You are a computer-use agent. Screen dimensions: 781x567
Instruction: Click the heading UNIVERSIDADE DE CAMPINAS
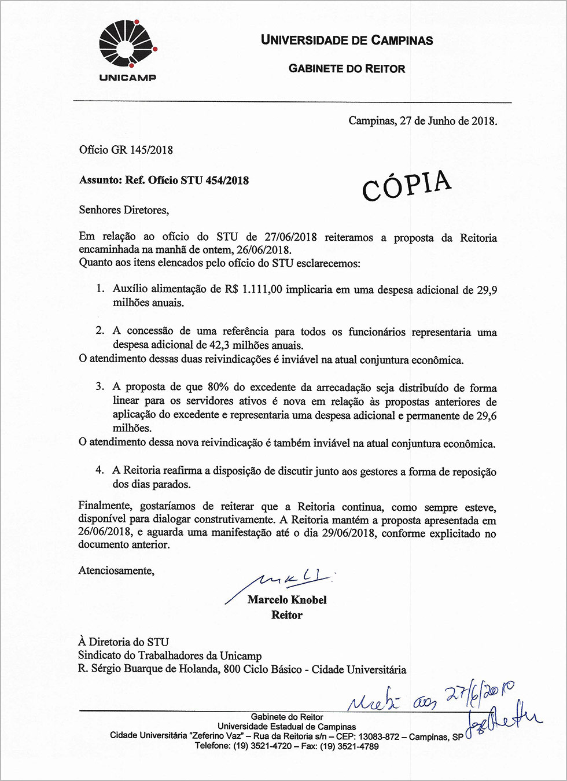tap(347, 40)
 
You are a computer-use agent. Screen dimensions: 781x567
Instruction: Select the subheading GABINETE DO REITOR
tap(347, 69)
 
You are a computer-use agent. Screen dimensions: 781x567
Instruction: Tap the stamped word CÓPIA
tap(407, 185)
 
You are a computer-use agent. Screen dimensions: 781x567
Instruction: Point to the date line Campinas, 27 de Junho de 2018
tap(422, 121)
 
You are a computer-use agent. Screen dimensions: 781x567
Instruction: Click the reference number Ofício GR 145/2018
tap(126, 150)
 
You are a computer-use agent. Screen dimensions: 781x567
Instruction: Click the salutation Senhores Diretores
tap(124, 210)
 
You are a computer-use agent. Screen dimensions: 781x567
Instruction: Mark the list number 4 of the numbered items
tap(100, 470)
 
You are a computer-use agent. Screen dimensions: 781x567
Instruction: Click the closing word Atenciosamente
tap(116, 570)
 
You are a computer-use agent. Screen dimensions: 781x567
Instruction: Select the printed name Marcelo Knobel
tap(287, 600)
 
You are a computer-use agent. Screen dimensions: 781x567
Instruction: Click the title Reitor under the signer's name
tap(287, 615)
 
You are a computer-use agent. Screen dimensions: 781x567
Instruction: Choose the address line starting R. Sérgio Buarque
tap(242, 670)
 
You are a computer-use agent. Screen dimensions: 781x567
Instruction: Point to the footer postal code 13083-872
tap(379, 736)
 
